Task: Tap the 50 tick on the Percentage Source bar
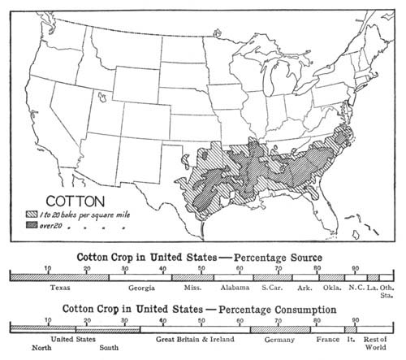tap(201, 268)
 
